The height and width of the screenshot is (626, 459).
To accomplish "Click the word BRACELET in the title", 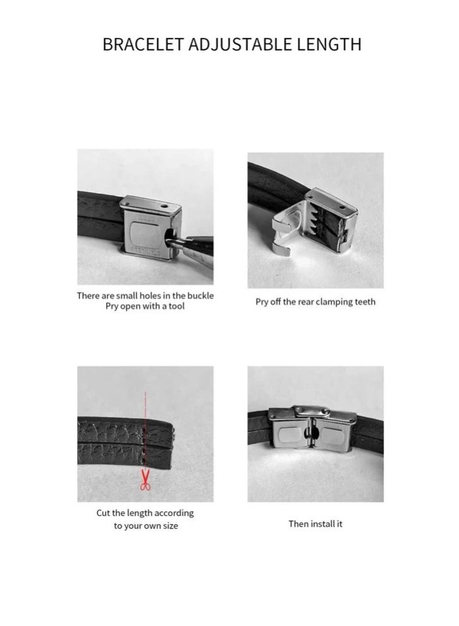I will point(143,44).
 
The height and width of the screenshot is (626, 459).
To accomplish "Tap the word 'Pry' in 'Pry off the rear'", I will point(262,302).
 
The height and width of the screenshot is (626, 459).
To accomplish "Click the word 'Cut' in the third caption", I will point(104,513).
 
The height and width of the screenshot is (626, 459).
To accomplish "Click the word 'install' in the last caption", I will point(323,524).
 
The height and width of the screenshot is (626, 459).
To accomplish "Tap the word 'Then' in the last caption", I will point(298,524).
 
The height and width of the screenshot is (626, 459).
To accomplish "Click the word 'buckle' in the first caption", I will point(201,296).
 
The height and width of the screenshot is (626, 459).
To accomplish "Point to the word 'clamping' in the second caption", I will point(331,302).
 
